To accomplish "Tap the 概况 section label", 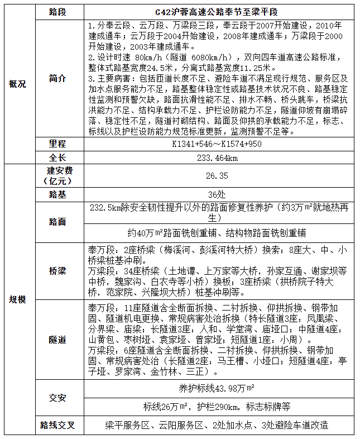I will [17, 84].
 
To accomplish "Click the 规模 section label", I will [17, 299].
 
